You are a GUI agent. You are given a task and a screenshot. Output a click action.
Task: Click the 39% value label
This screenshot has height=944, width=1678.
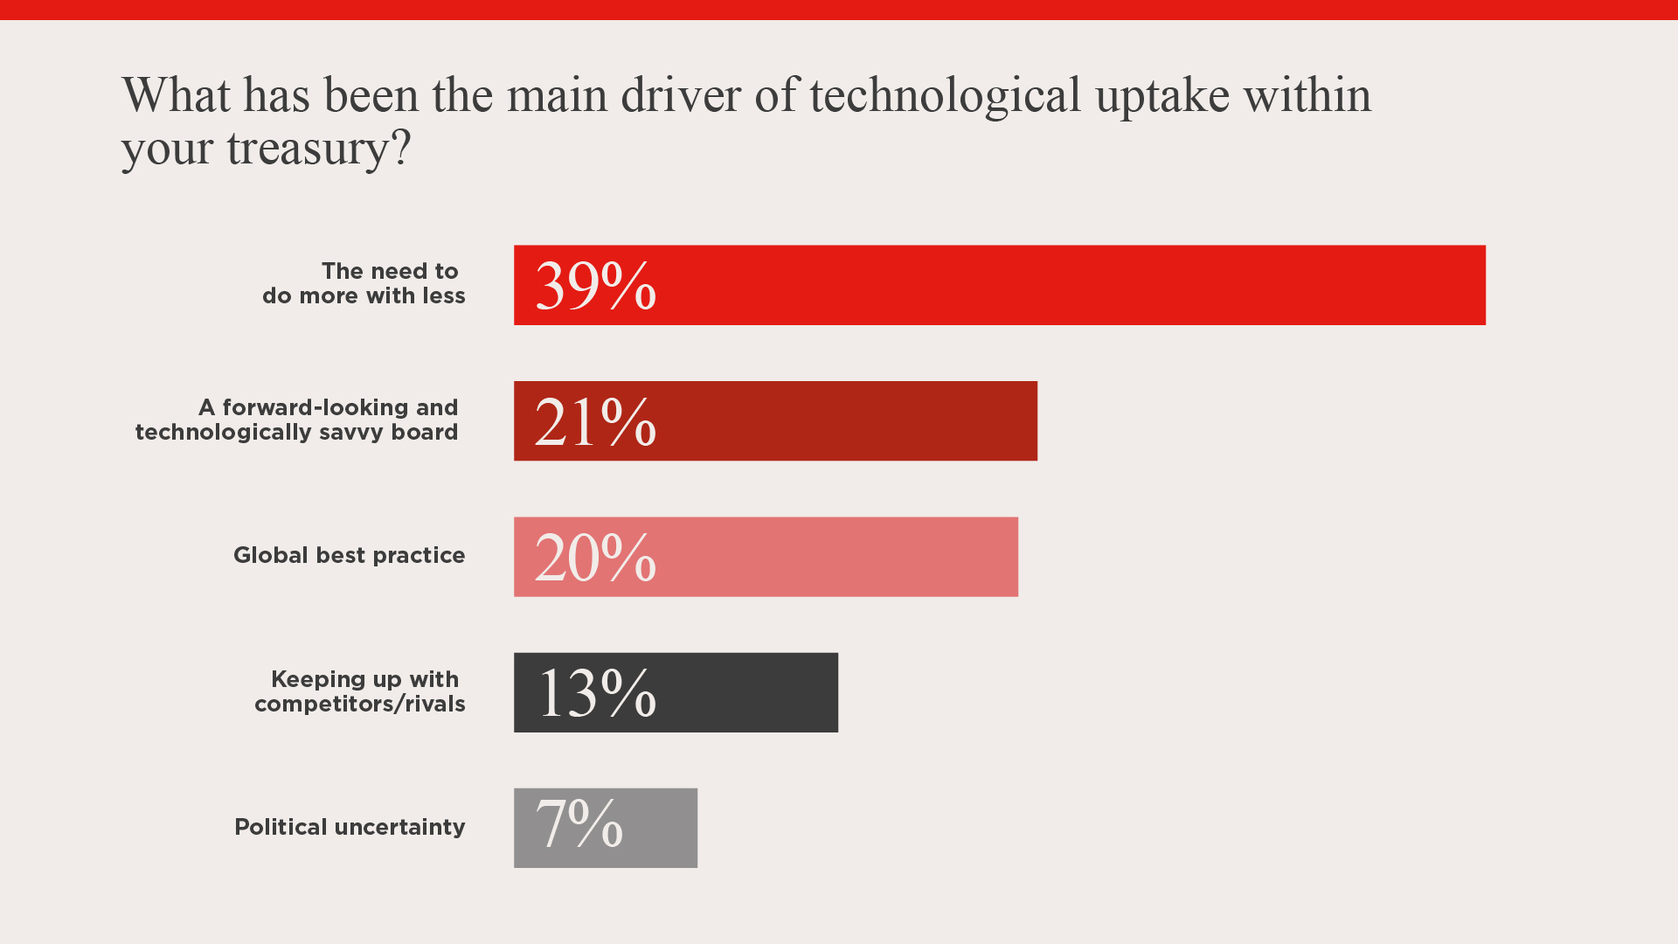(595, 286)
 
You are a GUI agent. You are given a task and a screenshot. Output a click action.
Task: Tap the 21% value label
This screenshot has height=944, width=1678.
(595, 422)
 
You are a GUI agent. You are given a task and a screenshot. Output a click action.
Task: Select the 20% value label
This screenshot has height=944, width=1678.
(595, 558)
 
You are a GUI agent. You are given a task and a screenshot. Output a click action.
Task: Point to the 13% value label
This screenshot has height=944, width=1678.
(597, 693)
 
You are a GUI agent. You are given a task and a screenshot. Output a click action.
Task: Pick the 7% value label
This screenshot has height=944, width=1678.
(579, 824)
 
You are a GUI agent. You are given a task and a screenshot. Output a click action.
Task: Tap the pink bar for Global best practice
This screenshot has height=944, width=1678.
(830, 557)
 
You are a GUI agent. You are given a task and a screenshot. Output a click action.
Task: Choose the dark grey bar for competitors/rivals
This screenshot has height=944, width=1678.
(743, 692)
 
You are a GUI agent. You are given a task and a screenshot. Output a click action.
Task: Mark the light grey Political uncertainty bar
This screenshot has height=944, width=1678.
(664, 828)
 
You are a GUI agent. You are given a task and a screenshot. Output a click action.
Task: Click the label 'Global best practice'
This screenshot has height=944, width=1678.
(349, 556)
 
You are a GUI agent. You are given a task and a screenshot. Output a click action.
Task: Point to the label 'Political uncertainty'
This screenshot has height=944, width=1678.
(350, 828)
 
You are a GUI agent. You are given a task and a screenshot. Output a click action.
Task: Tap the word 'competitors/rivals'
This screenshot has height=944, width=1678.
(359, 705)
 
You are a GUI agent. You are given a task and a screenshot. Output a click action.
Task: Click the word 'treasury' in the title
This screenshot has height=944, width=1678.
(308, 149)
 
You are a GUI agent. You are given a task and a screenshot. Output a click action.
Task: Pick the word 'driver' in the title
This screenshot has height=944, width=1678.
(681, 95)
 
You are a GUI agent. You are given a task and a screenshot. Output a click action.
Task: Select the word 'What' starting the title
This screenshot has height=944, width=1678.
(177, 95)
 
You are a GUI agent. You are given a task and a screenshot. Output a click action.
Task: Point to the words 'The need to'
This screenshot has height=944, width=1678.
(390, 271)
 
